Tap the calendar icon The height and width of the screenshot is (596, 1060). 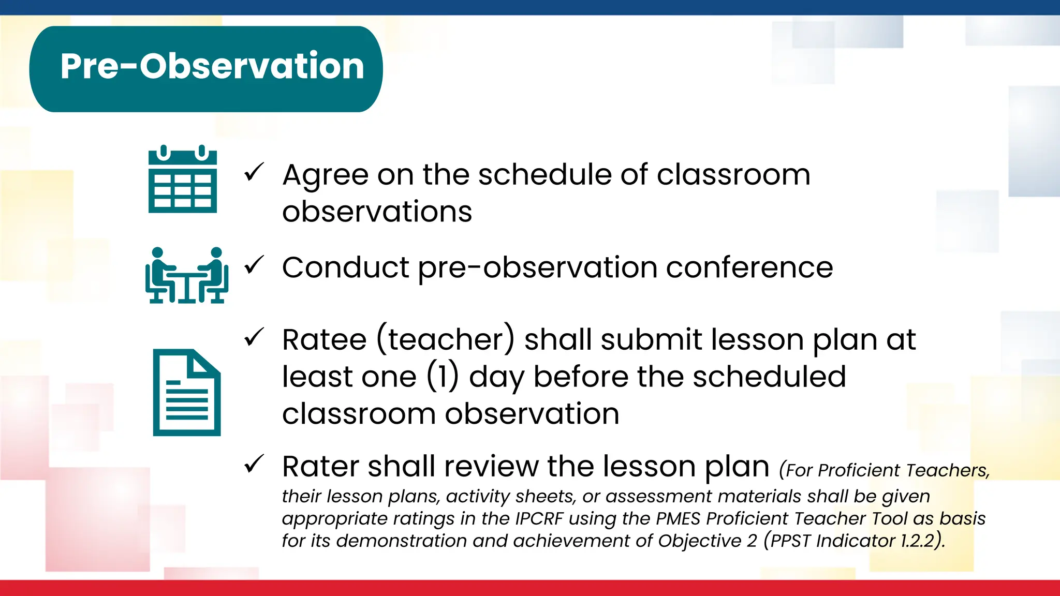click(x=182, y=180)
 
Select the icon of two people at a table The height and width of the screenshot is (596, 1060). click(x=186, y=276)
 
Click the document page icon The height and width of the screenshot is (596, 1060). click(x=186, y=392)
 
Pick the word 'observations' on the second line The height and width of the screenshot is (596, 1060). click(x=377, y=212)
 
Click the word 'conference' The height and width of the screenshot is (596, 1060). click(x=749, y=268)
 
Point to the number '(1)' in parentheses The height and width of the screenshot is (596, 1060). click(x=443, y=377)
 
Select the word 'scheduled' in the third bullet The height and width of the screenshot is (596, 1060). click(x=769, y=377)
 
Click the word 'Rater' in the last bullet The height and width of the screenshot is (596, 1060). click(x=320, y=467)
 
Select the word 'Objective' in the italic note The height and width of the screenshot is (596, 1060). click(x=700, y=541)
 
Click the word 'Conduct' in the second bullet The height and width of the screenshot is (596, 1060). click(x=345, y=268)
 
